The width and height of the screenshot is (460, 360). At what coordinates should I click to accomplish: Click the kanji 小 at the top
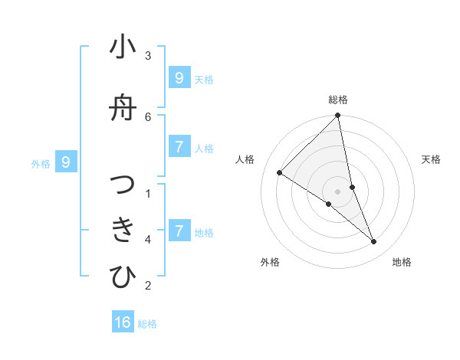pyautogui.click(x=123, y=47)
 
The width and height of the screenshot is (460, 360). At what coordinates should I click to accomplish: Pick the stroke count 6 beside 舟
pyautogui.click(x=148, y=116)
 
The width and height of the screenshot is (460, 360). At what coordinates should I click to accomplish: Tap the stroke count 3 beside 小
pyautogui.click(x=148, y=55)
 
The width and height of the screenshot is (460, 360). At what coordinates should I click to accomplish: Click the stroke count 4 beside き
pyautogui.click(x=148, y=240)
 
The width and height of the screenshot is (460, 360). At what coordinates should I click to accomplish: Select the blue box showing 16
pyautogui.click(x=123, y=322)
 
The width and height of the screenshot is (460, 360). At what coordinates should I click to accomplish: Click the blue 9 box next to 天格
pyautogui.click(x=179, y=78)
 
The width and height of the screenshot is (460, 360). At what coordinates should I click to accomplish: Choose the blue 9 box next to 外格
pyautogui.click(x=67, y=162)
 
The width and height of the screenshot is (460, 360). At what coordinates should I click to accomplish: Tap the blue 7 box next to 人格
pyautogui.click(x=179, y=147)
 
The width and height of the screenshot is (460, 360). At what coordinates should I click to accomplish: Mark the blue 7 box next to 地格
pyautogui.click(x=179, y=231)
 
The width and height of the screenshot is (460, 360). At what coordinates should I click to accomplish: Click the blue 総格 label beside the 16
pyautogui.click(x=147, y=324)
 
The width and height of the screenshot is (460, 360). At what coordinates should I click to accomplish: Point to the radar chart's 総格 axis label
pyautogui.click(x=338, y=100)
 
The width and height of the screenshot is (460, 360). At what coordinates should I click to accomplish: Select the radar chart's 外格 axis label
pyautogui.click(x=270, y=262)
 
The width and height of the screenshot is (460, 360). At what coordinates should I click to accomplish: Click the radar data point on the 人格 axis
pyautogui.click(x=279, y=173)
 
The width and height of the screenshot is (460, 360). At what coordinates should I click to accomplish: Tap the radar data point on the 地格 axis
pyautogui.click(x=373, y=241)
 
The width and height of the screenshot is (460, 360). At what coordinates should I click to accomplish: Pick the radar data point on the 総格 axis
pyautogui.click(x=338, y=116)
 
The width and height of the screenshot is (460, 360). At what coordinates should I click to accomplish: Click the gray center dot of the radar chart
pyautogui.click(x=338, y=191)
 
